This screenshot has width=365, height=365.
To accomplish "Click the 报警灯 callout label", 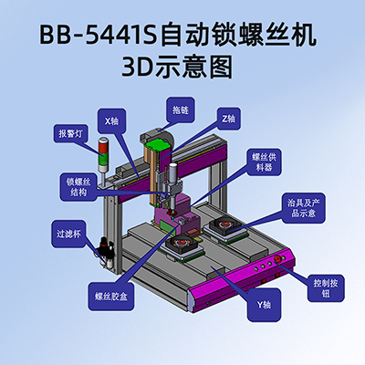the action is click(x=71, y=133).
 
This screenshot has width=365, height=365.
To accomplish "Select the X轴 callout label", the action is click(x=111, y=121).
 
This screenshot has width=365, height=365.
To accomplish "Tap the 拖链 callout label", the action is click(x=181, y=110).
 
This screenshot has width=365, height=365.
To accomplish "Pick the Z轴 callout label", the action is click(x=229, y=119).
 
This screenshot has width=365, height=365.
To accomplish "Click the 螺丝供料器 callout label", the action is click(x=264, y=162).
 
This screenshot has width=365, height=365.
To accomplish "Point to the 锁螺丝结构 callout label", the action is click(x=78, y=187).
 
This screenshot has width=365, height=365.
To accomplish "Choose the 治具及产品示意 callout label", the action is click(x=304, y=208).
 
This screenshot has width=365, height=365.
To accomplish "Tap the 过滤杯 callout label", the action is click(x=68, y=234).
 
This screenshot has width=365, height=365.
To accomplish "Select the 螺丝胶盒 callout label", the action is click(x=111, y=297).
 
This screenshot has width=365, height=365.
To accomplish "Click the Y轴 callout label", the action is click(x=264, y=305).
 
